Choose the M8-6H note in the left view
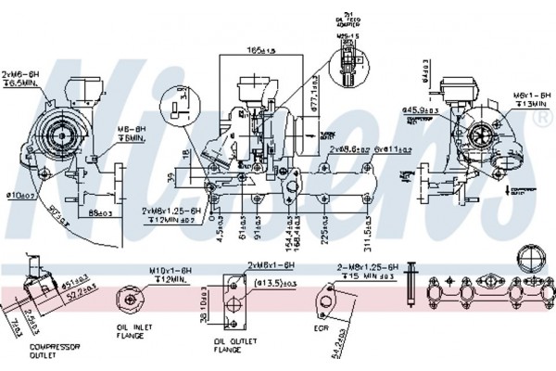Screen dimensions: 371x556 pos(130,132)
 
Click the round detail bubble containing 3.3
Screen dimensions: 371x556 pos(177,102)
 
